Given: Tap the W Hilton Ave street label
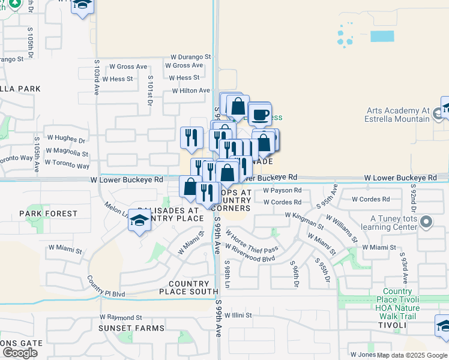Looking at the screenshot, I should click(x=191, y=91).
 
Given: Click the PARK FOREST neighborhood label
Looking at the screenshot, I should click(x=48, y=214).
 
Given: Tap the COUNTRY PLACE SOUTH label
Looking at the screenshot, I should click(x=188, y=287).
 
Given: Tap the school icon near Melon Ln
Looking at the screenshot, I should click(x=139, y=221).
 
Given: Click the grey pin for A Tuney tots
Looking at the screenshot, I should click(x=426, y=223).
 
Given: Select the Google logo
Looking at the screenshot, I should click(x=20, y=353).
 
